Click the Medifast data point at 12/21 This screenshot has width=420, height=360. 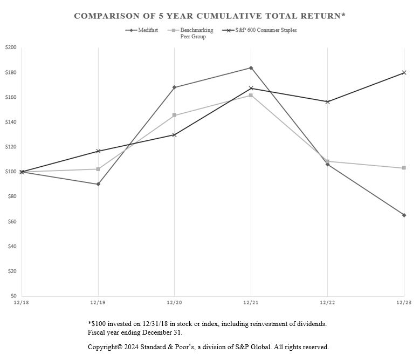coord(251,68)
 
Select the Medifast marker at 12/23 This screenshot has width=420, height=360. coord(404,215)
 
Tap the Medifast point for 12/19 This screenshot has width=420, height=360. coord(98,184)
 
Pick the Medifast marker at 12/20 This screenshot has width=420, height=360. coord(174,87)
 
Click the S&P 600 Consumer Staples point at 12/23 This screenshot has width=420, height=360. coord(404,72)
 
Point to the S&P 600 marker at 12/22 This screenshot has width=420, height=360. coord(327,101)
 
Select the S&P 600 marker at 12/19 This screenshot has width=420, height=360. coord(98,151)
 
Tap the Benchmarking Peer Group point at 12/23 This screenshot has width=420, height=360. coord(404,168)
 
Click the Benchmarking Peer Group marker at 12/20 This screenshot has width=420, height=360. coord(174,115)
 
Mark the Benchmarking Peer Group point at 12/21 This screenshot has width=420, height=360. coord(251,95)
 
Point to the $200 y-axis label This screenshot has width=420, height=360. coord(11,47)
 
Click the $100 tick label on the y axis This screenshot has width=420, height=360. coord(11,172)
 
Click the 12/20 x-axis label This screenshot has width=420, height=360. coord(174,303)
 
